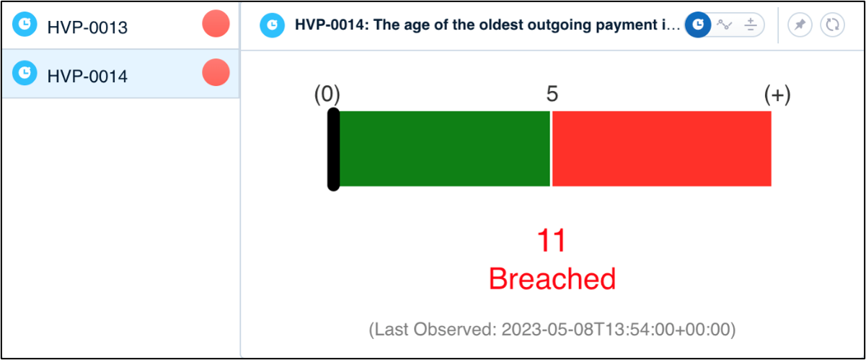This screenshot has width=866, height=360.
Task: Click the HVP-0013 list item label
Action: tap(87, 27)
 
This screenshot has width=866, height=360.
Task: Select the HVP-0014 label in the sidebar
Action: tap(87, 76)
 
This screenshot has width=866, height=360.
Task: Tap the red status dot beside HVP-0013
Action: tap(216, 24)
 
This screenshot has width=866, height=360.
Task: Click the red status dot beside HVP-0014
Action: tap(216, 72)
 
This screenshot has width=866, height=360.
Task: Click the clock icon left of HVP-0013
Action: tap(25, 24)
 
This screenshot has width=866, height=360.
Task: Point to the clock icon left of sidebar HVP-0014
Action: tap(25, 73)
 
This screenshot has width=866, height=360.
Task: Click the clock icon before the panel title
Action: tap(272, 25)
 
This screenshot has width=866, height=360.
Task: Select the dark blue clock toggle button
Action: tap(698, 25)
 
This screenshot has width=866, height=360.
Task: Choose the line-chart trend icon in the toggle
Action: tap(724, 25)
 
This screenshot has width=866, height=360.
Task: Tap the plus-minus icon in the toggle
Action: tap(751, 25)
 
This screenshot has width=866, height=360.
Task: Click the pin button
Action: tap(800, 25)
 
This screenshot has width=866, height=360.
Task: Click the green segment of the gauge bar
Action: tap(445, 149)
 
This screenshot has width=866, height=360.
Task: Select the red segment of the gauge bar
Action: tap(661, 149)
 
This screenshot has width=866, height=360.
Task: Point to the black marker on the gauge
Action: tap(333, 149)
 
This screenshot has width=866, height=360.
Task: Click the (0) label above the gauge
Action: tap(327, 95)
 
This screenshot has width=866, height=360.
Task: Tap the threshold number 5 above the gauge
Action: tap(552, 94)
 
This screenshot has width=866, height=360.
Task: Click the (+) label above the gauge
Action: tap(777, 95)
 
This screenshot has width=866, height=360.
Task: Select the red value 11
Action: tap(552, 240)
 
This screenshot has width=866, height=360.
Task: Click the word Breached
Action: tap(552, 278)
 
